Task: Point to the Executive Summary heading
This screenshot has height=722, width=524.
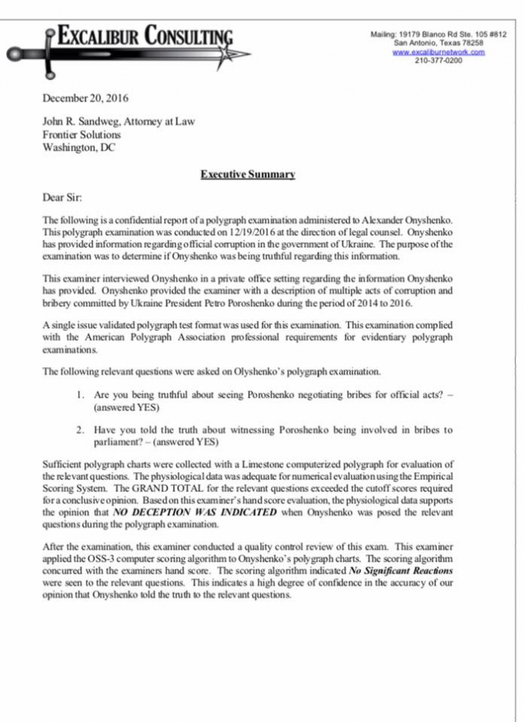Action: [248, 175]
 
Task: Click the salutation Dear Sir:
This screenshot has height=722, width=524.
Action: [59, 197]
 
